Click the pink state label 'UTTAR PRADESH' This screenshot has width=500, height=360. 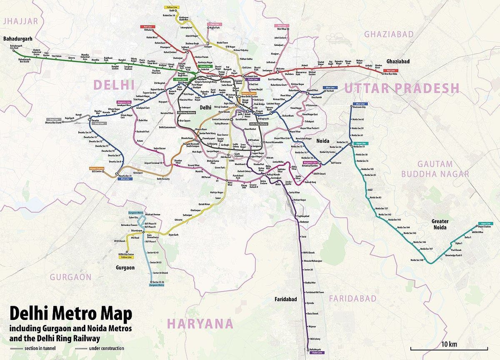click(402, 88)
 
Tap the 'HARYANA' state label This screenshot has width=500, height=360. click(200, 324)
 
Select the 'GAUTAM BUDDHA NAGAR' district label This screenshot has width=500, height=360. click(435, 169)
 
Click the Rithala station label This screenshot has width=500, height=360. click(148, 30)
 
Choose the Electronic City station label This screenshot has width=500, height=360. click(359, 107)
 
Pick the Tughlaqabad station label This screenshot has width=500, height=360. click(303, 217)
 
